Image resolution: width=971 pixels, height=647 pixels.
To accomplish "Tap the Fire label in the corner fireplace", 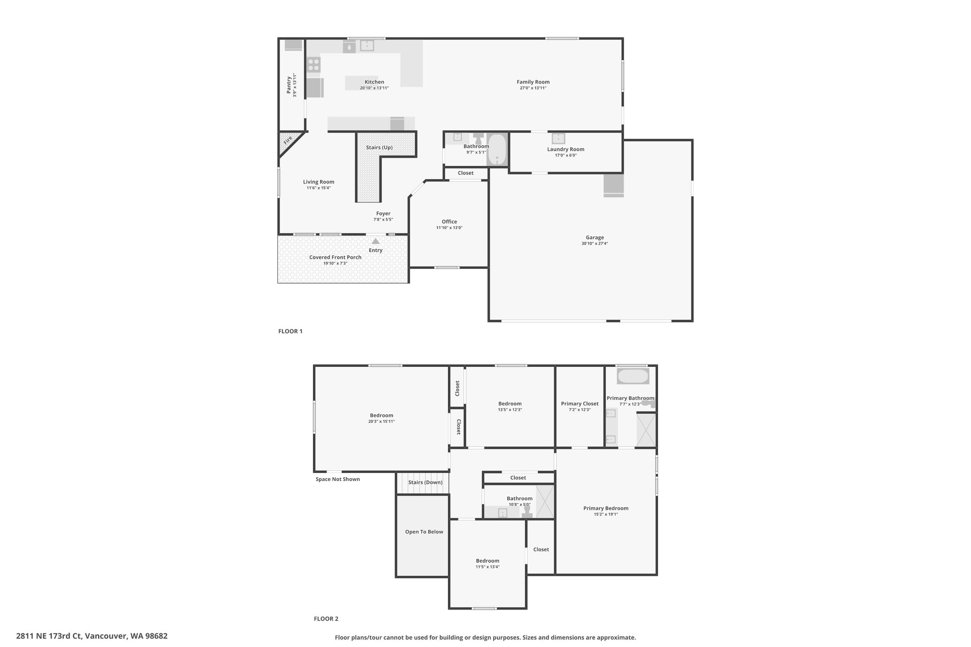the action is (288, 140).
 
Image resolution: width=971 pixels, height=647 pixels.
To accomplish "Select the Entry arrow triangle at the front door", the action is (376, 241).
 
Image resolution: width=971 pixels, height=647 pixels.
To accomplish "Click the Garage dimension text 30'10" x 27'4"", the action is (595, 244).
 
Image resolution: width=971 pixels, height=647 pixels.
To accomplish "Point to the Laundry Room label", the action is (566, 149).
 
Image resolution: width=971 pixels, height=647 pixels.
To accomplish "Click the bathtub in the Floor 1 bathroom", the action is (497, 149).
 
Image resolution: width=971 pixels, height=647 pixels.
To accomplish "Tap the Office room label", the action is (449, 221).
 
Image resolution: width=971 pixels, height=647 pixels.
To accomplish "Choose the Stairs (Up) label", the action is (379, 147).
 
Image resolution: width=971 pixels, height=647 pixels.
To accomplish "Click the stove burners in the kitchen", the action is (313, 65).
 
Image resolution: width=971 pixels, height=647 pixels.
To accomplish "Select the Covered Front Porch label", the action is (335, 257).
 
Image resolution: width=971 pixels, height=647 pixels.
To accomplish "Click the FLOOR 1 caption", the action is (290, 331).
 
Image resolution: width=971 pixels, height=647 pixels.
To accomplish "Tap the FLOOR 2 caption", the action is (326, 619).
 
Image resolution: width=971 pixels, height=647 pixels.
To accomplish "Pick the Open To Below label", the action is (424, 532).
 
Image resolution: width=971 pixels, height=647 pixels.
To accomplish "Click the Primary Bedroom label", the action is (606, 508).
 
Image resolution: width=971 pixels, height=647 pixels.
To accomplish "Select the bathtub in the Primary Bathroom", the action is (633, 376).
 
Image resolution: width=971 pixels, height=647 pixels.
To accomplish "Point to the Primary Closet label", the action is (580, 404).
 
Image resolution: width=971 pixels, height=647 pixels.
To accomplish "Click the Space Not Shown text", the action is (338, 479).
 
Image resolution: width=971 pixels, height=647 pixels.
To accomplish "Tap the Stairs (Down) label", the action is (425, 483).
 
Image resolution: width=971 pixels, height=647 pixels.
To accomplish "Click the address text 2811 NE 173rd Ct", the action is (49, 636).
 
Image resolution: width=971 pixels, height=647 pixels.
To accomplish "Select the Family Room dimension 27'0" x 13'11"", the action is (533, 88).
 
